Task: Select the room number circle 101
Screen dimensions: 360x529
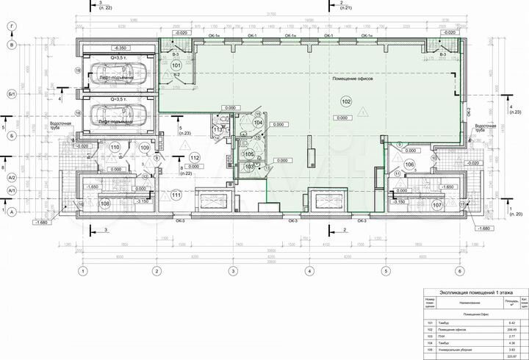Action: [x=175, y=65]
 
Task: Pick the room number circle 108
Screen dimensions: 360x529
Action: [x=104, y=204]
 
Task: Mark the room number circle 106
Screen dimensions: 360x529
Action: [x=409, y=164]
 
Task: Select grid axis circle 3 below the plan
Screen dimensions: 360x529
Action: [x=233, y=271]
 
